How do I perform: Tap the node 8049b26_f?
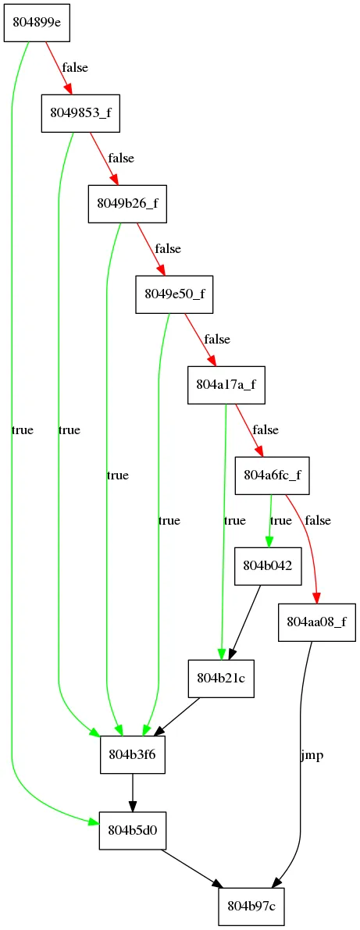click(x=127, y=204)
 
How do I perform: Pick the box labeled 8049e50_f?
click(x=174, y=294)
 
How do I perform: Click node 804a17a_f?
click(x=226, y=385)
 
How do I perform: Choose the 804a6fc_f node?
click(x=273, y=475)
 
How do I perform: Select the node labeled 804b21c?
click(x=221, y=678)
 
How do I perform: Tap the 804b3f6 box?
click(x=132, y=754)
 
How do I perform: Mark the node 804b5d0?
click(x=132, y=828)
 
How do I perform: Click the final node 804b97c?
click(x=251, y=907)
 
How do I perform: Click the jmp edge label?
click(x=312, y=756)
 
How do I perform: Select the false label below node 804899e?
click(x=75, y=68)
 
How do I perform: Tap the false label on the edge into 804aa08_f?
click(x=318, y=521)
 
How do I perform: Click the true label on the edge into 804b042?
click(x=281, y=521)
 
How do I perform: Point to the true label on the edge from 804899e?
click(x=23, y=430)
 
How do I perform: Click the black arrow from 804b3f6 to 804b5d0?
click(x=132, y=792)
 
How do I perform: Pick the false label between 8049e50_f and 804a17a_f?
click(x=217, y=340)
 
